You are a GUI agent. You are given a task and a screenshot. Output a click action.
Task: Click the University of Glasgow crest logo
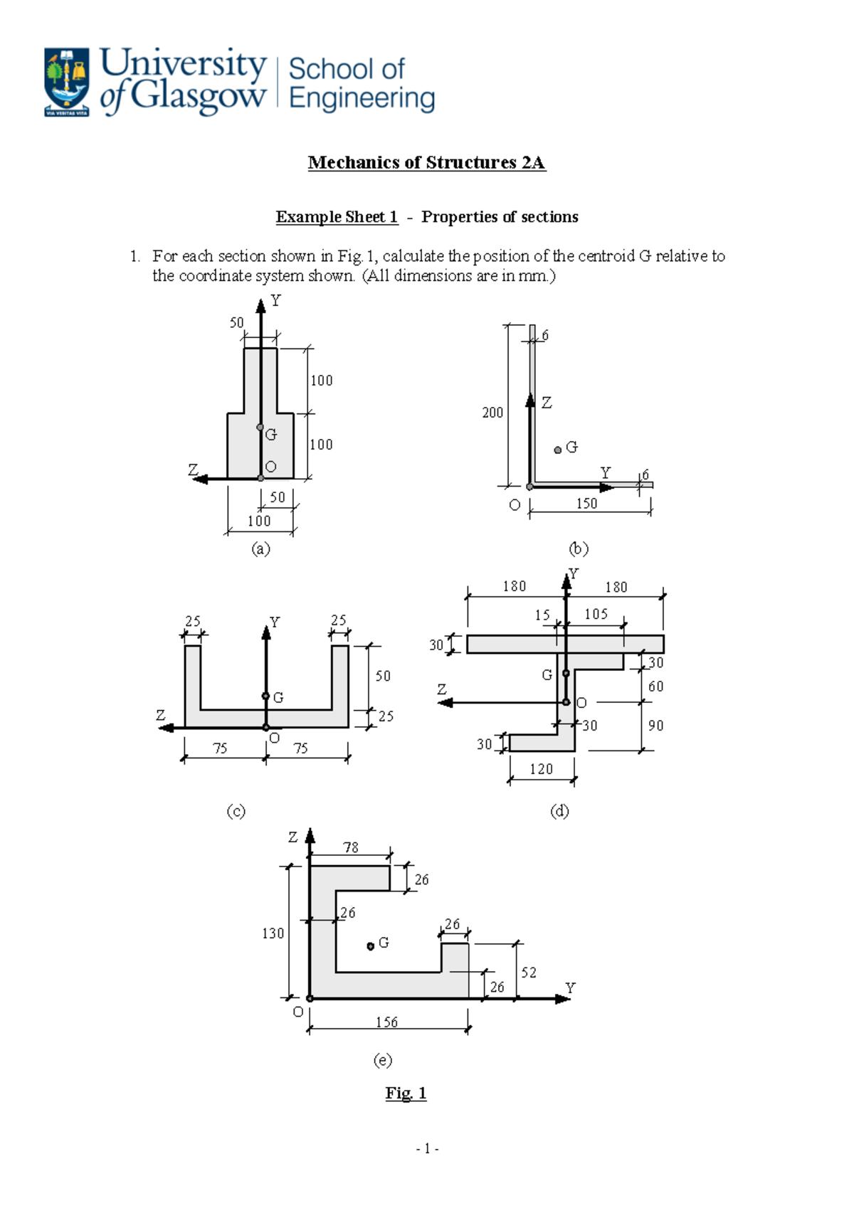coord(67,82)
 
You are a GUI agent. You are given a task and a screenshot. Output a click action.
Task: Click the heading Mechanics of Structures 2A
coord(426,163)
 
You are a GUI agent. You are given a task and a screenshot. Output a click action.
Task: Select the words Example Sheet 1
coord(337,217)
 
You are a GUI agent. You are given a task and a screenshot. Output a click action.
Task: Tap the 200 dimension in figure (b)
coord(492,413)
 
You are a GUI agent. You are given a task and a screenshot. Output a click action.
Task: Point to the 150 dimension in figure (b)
coord(586,504)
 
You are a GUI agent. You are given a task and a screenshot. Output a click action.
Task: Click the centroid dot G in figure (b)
coord(558,450)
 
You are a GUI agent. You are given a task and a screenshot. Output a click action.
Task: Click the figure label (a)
coord(260,549)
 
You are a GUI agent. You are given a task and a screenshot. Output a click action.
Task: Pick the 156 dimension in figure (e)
coord(386,1022)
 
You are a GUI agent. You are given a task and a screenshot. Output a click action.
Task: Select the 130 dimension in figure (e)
coord(273,933)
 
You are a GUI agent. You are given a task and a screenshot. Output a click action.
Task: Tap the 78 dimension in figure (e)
coord(351,847)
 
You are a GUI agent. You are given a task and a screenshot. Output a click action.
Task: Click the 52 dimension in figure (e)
coord(529,973)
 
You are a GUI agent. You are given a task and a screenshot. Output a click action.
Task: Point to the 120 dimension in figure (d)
coord(541,769)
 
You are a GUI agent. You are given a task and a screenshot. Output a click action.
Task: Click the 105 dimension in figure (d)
coord(596,614)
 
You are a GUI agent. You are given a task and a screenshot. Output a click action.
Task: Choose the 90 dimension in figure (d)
coord(655,726)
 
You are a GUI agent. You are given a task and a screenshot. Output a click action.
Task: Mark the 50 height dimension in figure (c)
coord(383,676)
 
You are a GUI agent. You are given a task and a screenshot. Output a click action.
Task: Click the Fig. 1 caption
coord(406,1093)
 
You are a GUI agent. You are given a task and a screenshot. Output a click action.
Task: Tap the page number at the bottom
coord(427,1148)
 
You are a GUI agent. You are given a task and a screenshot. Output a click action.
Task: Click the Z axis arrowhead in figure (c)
coord(167,728)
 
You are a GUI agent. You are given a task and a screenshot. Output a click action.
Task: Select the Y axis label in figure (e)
coord(570,987)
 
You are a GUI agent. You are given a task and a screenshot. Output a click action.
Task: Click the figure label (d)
coord(559,811)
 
